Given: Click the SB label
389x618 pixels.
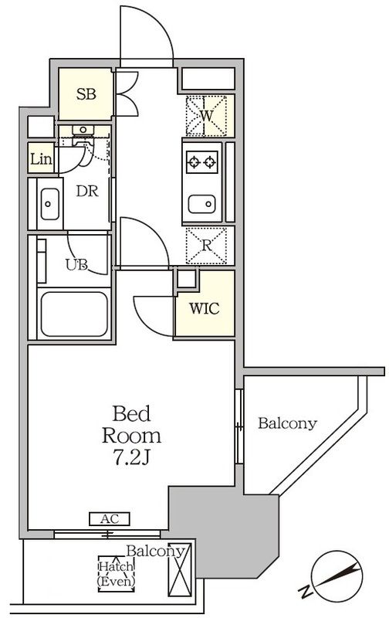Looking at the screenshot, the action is [86, 94].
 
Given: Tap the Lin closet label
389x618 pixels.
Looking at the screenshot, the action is [41, 159].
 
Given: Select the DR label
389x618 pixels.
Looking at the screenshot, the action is [87, 192].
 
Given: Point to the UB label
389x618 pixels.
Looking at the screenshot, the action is [76, 265].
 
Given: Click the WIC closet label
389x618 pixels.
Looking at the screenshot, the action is [205, 308].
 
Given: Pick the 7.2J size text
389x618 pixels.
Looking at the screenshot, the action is [131, 457].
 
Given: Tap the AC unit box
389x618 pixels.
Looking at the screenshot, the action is [110, 518].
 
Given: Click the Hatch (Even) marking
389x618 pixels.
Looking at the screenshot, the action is [116, 574].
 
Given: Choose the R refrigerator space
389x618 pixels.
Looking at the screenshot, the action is [206, 245].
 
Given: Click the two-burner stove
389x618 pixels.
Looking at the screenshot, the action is [202, 161].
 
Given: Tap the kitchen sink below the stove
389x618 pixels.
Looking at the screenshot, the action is [202, 204].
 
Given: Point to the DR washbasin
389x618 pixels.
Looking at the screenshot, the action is [50, 204].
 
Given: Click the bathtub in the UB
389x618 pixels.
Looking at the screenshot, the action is [74, 314].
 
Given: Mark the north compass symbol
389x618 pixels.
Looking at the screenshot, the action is [337, 576].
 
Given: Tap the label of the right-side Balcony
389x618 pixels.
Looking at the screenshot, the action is [287, 423].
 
